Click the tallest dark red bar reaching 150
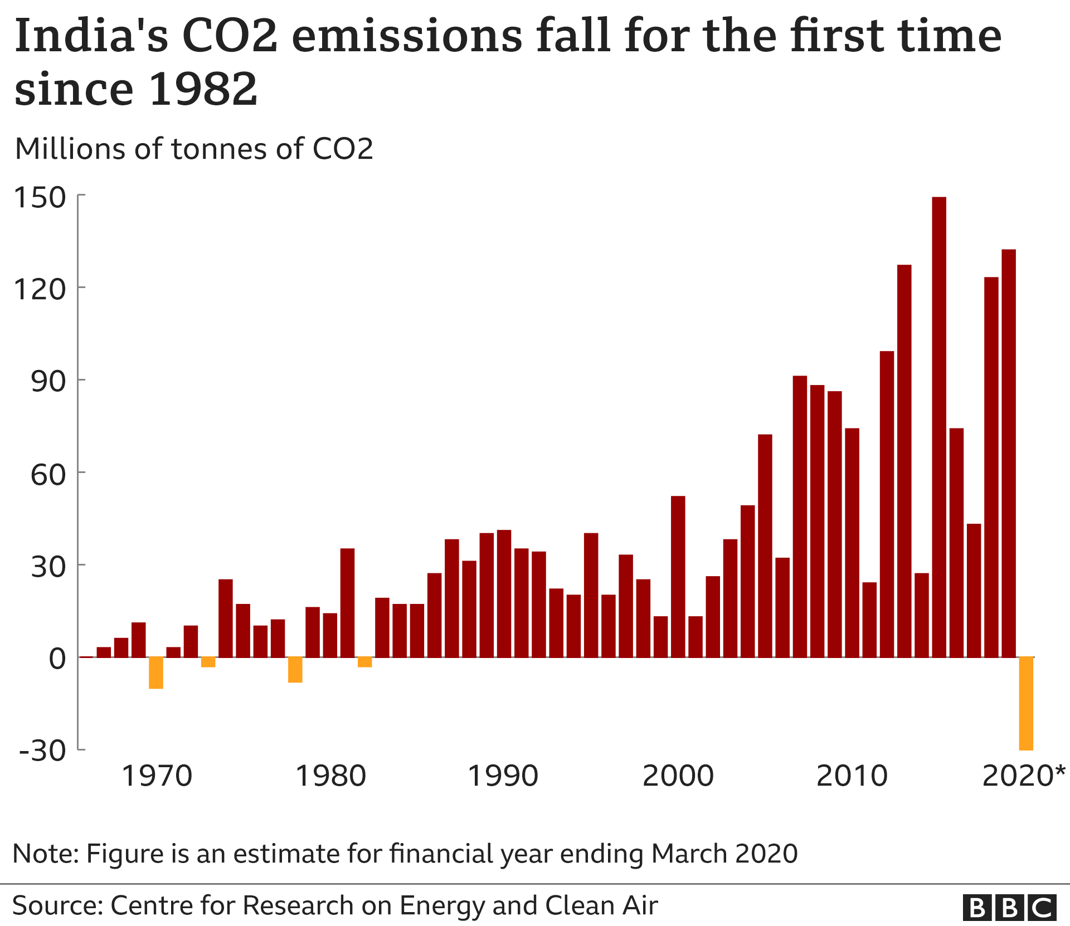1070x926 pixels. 939,427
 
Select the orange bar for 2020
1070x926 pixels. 1026,703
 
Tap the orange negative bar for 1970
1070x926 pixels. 156,672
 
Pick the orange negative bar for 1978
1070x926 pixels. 295,670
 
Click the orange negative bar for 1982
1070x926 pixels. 364,662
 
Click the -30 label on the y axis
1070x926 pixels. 42,750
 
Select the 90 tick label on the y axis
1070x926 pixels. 48,382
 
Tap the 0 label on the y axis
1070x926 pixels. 57,659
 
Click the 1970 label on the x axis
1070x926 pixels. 157,776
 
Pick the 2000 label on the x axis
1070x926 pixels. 678,776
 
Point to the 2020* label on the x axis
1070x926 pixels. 1023,776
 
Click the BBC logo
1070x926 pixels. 1009,908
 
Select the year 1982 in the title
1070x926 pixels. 203,89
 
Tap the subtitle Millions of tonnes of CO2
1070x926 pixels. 194,149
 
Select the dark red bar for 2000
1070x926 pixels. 678,577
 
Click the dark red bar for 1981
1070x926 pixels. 347,603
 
